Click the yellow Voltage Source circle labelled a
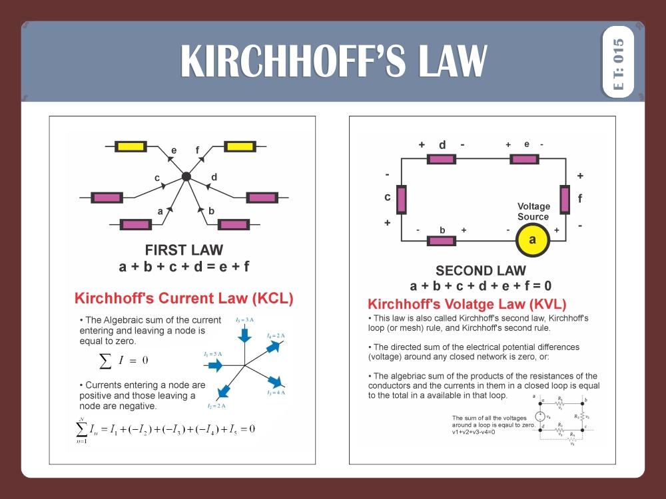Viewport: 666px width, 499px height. pyautogui.click(x=532, y=240)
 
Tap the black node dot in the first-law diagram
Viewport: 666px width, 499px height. pyautogui.click(x=186, y=177)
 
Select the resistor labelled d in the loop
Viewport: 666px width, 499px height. pyautogui.click(x=442, y=159)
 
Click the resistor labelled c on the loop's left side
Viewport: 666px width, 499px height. pyautogui.click(x=402, y=199)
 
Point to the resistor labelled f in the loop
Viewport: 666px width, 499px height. pyautogui.click(x=565, y=199)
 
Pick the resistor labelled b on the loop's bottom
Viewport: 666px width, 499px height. pyautogui.click(x=442, y=240)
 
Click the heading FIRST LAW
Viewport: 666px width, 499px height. pyautogui.click(x=184, y=250)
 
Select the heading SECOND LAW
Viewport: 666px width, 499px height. pyautogui.click(x=480, y=271)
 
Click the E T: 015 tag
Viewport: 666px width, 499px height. pyautogui.click(x=617, y=61)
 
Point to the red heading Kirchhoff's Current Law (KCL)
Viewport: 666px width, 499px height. pyautogui.click(x=184, y=298)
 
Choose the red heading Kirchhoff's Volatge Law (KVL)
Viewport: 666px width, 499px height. pyautogui.click(x=467, y=305)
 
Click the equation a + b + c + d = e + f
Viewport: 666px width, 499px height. pyautogui.click(x=184, y=267)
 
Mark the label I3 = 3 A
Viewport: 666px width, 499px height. pyautogui.click(x=245, y=321)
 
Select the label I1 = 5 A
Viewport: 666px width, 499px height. pyautogui.click(x=214, y=355)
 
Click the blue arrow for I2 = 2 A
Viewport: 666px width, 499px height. pyautogui.click(x=224, y=391)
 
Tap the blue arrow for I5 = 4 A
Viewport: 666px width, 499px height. pyautogui.click(x=274, y=381)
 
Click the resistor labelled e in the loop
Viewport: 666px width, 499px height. pyautogui.click(x=524, y=159)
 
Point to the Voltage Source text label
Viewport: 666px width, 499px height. pyautogui.click(x=533, y=212)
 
